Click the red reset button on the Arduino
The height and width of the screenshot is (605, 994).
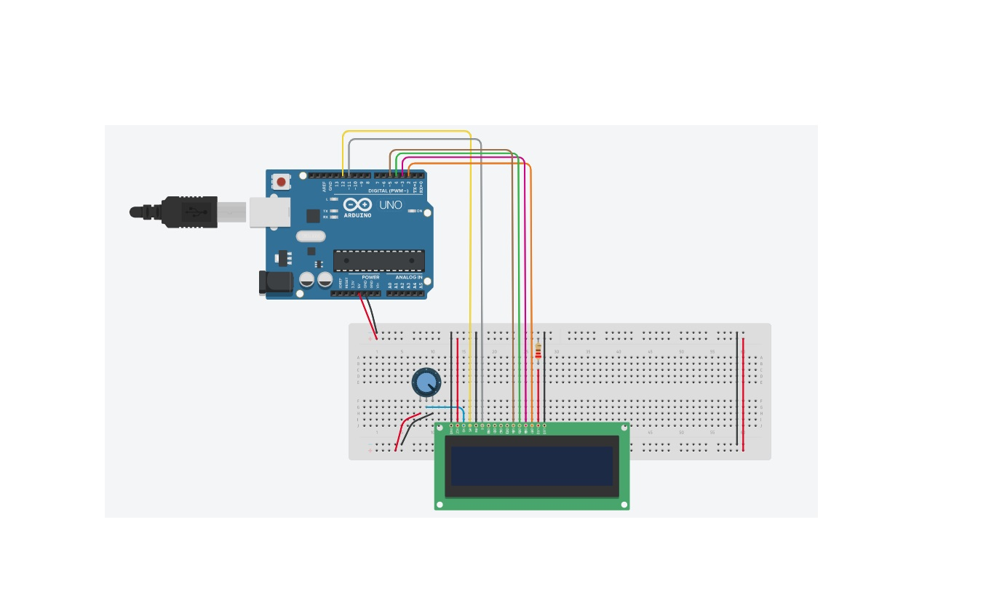tap(282, 182)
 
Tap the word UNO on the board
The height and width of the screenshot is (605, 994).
tap(391, 205)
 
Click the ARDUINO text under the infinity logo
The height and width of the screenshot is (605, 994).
tap(357, 215)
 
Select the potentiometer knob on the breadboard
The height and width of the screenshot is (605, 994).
tap(426, 382)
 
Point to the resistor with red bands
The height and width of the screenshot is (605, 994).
tap(538, 352)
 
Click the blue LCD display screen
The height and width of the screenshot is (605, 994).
tap(531, 466)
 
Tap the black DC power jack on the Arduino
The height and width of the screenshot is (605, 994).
tap(275, 283)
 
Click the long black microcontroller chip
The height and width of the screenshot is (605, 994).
tap(378, 260)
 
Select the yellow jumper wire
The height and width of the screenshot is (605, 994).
tap(407, 132)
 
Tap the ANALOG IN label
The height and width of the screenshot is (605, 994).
tap(409, 277)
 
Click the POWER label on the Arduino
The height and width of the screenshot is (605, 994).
tap(370, 277)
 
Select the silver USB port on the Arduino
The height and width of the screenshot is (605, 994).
tap(269, 212)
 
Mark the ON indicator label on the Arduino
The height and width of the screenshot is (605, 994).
tap(419, 211)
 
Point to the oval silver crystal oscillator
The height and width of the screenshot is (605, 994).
tap(311, 236)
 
